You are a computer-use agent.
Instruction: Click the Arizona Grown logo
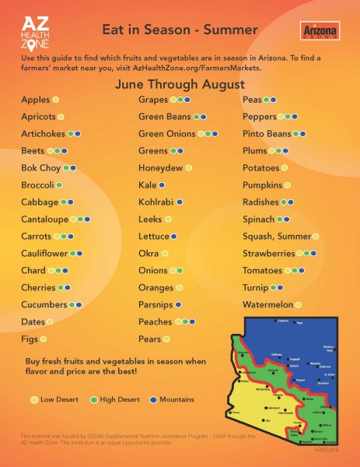tap(316, 30)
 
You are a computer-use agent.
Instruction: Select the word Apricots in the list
tap(39, 117)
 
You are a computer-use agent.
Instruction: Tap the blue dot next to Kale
tap(162, 185)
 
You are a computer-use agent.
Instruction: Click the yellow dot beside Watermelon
tap(299, 304)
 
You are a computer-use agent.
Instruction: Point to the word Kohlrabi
tap(156, 202)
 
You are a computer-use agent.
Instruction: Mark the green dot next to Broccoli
tap(60, 185)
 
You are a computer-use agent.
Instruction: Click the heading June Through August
tap(180, 83)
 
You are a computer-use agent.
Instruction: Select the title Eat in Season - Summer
tap(180, 30)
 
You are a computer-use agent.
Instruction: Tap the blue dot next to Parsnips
tap(179, 304)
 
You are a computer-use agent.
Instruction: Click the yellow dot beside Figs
tap(44, 339)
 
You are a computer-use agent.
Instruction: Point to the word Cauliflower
tap(45, 253)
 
